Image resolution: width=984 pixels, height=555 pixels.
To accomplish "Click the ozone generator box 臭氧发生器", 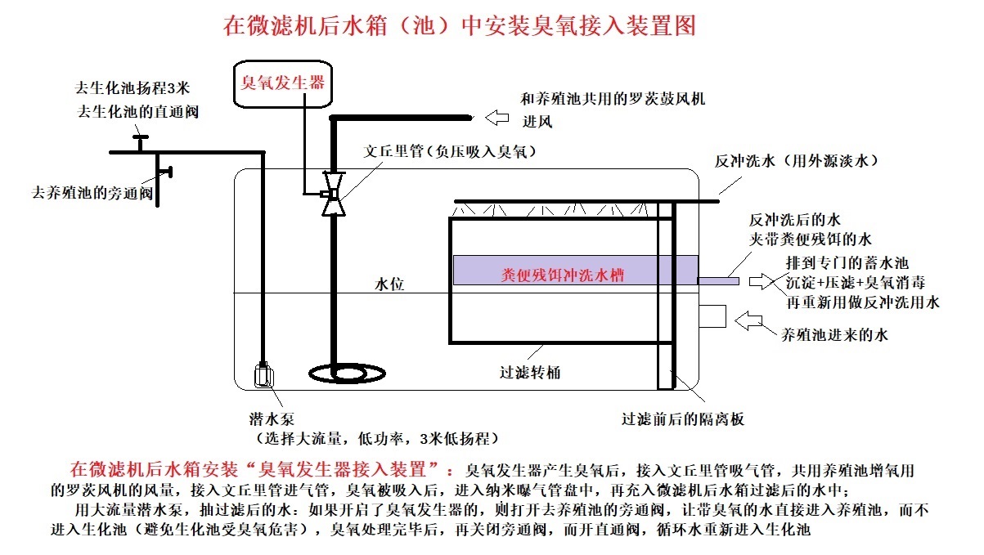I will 282,82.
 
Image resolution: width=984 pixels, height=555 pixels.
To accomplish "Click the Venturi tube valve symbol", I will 330,195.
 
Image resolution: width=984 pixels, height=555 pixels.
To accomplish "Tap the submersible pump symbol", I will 264,375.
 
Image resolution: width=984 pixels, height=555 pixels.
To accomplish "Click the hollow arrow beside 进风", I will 496,119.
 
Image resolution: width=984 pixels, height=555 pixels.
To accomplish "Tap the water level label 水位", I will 389,284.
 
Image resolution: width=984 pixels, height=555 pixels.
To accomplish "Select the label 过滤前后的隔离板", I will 683,420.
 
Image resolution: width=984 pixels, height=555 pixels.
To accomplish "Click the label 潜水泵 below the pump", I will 267,418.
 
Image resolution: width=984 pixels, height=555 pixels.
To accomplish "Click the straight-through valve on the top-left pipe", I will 139,143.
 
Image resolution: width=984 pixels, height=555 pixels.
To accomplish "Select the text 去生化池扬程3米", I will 132,87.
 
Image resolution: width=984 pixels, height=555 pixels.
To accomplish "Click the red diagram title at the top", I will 459,25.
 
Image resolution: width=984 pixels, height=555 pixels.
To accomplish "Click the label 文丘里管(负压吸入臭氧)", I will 451,151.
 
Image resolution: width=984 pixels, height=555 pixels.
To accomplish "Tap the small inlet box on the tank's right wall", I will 712,317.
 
